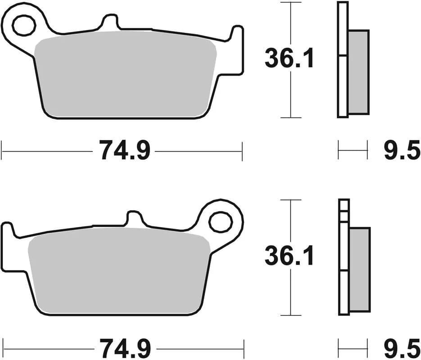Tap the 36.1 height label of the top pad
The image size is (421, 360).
289,59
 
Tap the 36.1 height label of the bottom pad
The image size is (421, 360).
289,257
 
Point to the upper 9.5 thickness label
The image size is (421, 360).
401,150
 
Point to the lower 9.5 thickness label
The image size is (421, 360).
401,347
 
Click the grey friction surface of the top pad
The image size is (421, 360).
126,76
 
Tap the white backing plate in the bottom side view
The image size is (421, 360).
344,288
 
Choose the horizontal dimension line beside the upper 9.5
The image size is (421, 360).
353,150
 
